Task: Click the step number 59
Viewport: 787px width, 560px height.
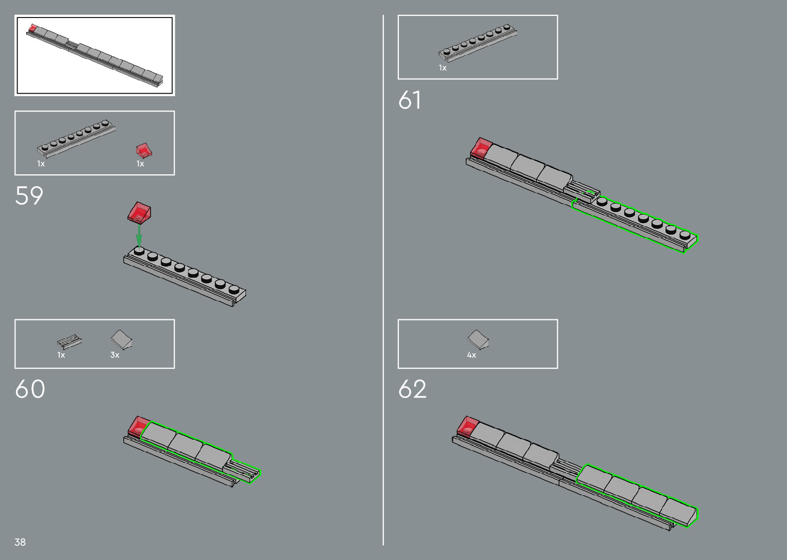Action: click(29, 196)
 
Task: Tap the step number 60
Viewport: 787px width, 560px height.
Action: click(30, 389)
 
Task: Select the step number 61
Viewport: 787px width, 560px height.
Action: click(410, 100)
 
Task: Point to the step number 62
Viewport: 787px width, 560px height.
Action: click(412, 389)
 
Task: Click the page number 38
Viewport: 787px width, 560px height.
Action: click(20, 542)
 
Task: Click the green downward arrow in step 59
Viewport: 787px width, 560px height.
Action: click(139, 236)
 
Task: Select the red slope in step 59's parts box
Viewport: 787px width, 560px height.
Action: click(143, 150)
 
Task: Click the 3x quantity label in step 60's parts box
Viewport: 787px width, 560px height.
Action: click(115, 355)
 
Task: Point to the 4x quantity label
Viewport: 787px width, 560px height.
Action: click(471, 355)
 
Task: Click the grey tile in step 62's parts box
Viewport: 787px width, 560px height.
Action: click(478, 339)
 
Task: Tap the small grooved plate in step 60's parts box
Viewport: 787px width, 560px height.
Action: click(69, 341)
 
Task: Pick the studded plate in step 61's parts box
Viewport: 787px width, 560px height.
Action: click(478, 40)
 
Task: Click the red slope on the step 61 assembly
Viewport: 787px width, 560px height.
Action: click(481, 147)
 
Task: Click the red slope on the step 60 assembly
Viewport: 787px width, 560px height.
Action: click(138, 426)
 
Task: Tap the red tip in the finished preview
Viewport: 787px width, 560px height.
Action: click(32, 28)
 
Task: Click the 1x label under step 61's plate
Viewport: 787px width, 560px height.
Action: click(443, 68)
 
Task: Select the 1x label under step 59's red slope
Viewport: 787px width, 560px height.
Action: click(140, 164)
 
